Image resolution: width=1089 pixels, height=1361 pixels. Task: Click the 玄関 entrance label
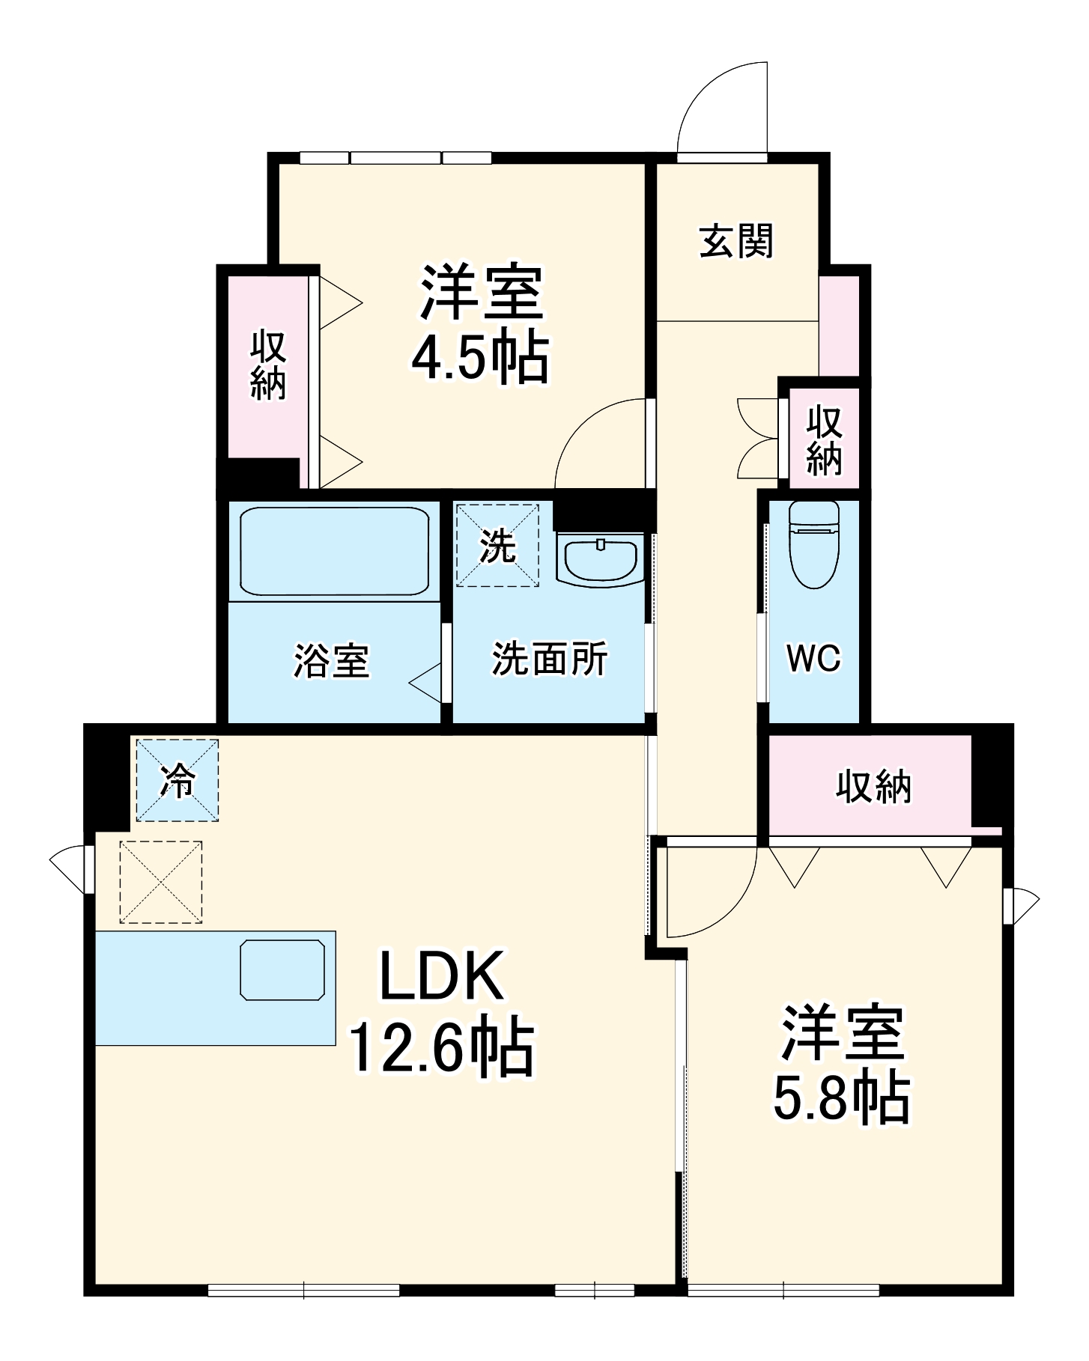tap(736, 242)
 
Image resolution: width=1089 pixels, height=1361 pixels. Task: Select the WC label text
tap(813, 658)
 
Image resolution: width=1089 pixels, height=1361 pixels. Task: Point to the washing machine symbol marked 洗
tap(497, 544)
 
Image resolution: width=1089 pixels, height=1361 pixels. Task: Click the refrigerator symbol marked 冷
tap(178, 780)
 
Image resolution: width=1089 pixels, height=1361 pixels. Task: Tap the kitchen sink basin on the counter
tap(282, 969)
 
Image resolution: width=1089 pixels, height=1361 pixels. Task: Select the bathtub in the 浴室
tap(334, 551)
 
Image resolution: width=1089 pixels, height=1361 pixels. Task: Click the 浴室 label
tap(331, 660)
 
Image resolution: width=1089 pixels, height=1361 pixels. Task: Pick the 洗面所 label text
tap(550, 659)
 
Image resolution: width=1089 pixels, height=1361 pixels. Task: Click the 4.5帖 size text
tap(480, 358)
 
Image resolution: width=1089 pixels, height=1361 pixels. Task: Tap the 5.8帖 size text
tap(841, 1099)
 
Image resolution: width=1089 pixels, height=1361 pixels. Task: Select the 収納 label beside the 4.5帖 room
tap(267, 366)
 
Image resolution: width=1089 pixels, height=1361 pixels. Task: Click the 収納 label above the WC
tap(824, 441)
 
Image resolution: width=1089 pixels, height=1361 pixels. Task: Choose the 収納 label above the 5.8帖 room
tap(873, 786)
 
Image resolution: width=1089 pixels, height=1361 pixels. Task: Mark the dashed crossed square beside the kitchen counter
tap(161, 882)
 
